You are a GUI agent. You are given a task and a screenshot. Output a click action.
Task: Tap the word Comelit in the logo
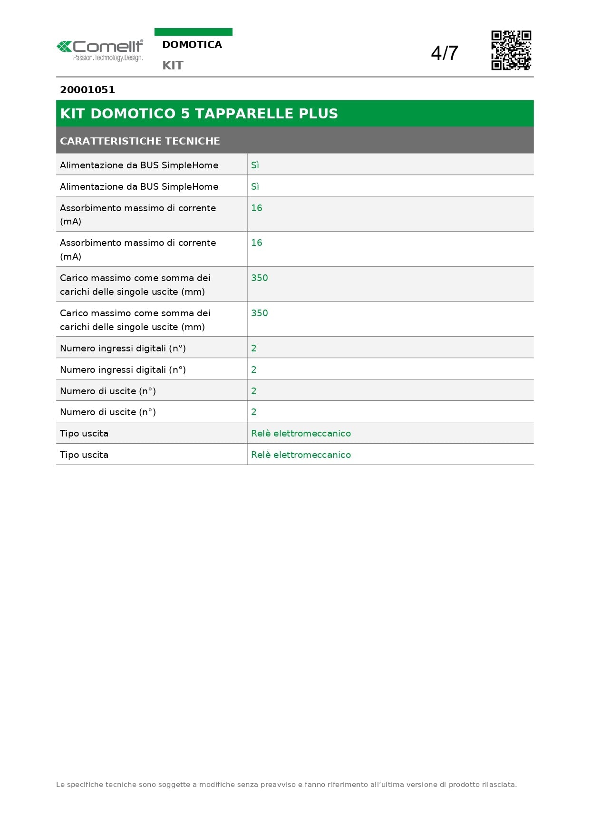[108, 47]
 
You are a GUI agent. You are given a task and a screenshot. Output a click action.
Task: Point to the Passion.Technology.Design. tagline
[108, 58]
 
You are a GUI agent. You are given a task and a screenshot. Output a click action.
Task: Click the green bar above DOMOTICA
[193, 32]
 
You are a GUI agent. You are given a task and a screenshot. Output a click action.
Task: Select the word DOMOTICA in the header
[192, 45]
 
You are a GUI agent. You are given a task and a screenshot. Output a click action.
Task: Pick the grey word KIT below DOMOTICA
[173, 66]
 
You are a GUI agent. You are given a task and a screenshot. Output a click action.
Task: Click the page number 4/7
[444, 53]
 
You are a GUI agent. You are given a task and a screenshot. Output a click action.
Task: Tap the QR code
[511, 50]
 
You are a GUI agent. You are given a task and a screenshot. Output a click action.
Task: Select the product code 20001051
[87, 90]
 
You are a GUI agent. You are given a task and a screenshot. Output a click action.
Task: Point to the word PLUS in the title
[318, 114]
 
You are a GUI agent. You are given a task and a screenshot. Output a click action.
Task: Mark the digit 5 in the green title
[185, 114]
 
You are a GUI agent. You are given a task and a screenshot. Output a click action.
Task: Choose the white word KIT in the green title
[72, 114]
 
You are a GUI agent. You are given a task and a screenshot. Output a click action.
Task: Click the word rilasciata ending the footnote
[499, 785]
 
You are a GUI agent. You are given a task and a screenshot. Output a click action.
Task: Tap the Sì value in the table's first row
[255, 165]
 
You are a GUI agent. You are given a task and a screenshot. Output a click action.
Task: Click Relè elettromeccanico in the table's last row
[301, 455]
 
